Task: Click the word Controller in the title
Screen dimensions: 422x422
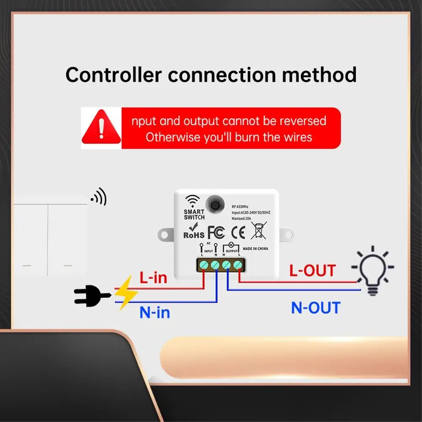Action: [113, 75]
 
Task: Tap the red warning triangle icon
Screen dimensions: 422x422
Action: [101, 127]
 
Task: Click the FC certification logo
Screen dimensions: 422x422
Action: [216, 232]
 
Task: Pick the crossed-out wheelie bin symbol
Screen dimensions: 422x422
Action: [258, 231]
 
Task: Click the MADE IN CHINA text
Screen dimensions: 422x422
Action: [255, 249]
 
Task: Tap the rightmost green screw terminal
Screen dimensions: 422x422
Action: [238, 265]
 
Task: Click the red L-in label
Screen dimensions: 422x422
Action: [153, 278]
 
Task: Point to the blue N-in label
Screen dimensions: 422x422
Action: [155, 312]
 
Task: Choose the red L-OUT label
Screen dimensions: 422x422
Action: [312, 270]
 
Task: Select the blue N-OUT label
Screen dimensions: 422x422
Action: [315, 308]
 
